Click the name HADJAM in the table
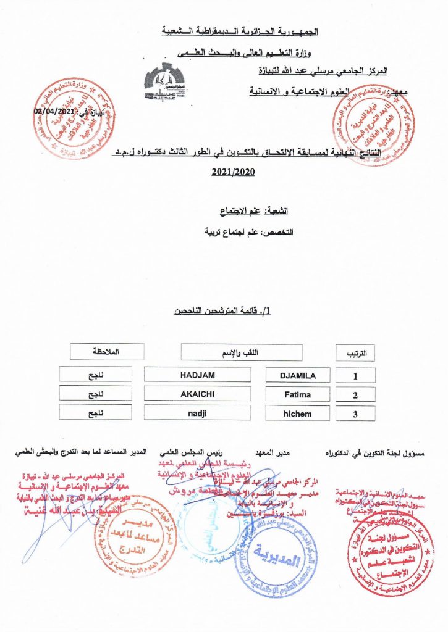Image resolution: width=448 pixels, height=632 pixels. (197, 375)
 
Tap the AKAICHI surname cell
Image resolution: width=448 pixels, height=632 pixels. (197, 394)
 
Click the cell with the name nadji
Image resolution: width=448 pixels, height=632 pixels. (197, 414)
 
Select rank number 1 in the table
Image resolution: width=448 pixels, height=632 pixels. (355, 375)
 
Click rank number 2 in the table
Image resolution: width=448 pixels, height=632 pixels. (355, 395)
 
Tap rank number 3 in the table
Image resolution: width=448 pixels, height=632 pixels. (355, 414)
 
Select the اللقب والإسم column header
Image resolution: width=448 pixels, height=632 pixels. (242, 352)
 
